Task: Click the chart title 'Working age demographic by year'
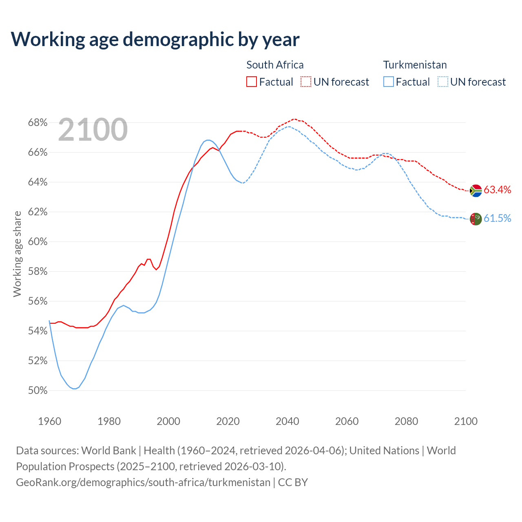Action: pos(155,39)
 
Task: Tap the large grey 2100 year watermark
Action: pos(93,130)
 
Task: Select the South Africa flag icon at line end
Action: pos(476,190)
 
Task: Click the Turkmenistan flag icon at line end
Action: pos(476,219)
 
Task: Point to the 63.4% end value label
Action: pos(497,190)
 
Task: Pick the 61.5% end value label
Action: pos(497,219)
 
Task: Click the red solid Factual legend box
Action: pos(252,82)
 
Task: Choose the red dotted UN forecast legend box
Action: pos(306,82)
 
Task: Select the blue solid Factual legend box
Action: pos(389,82)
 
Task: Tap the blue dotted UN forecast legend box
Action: pos(442,82)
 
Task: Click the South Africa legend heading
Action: pos(275,65)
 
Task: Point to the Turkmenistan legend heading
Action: pos(415,65)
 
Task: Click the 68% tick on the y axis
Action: pos(38,123)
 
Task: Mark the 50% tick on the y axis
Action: pos(38,391)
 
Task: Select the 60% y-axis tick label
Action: pos(38,242)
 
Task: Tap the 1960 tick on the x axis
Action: pos(49,421)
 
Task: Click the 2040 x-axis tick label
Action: pos(287,421)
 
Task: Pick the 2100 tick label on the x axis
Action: pos(466,421)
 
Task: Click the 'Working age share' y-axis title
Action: pos(17,254)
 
